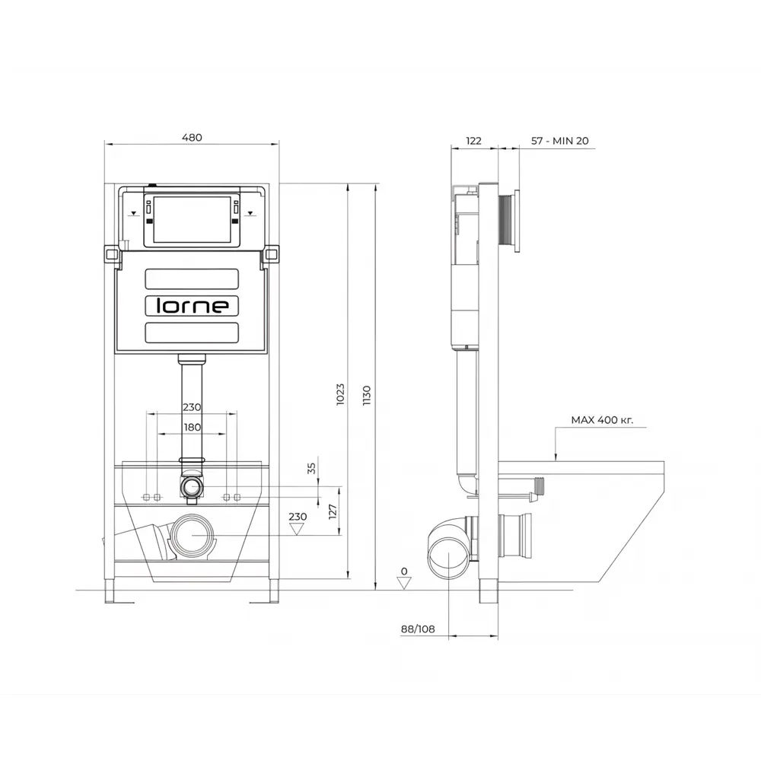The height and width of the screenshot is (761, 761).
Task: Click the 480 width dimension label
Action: [x=192, y=137]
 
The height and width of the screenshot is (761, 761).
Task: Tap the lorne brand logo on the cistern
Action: [x=192, y=306]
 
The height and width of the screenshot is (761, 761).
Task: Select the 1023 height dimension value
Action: [x=340, y=394]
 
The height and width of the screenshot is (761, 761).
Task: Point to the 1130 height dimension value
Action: [x=367, y=396]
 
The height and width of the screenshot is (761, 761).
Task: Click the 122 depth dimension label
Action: [x=473, y=141]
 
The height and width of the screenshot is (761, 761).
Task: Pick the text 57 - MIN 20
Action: [x=559, y=141]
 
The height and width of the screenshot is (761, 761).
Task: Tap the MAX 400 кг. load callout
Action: [x=602, y=420]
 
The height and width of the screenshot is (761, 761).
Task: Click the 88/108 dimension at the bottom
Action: [x=418, y=629]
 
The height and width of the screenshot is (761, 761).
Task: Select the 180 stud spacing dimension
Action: [x=193, y=427]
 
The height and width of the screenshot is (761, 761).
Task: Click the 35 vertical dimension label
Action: [x=311, y=468]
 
